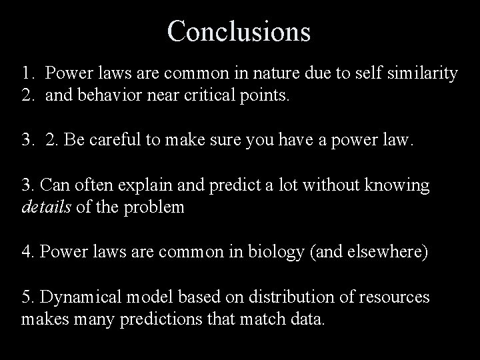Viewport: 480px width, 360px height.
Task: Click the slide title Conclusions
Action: pyautogui.click(x=239, y=31)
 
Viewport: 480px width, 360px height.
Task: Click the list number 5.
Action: pyautogui.click(x=27, y=298)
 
